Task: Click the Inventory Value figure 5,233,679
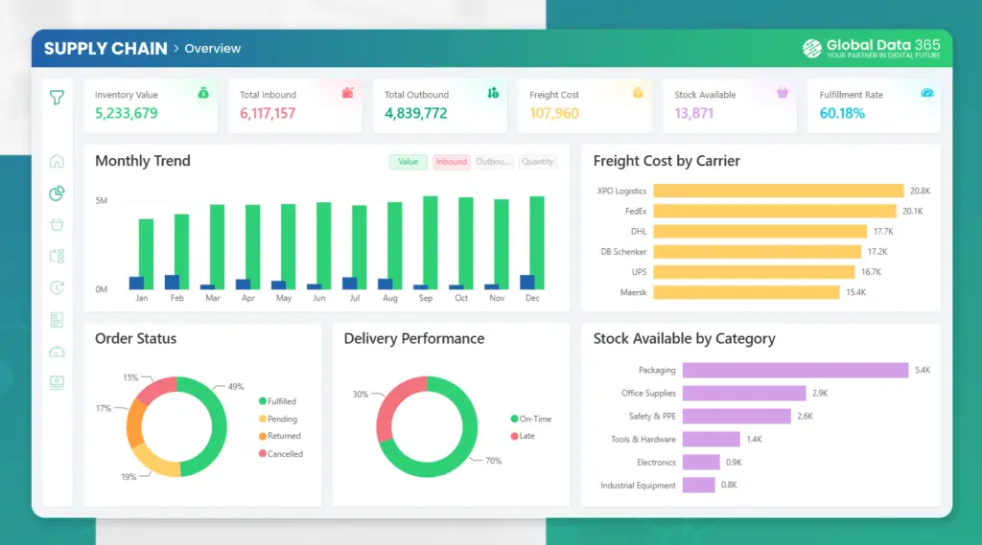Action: pos(126,113)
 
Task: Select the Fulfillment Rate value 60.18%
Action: pos(842,113)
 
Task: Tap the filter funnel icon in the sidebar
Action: pos(57,98)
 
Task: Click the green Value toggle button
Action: pos(408,162)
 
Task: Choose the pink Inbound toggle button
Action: pos(451,162)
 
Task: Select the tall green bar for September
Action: pos(431,242)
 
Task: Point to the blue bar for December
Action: pos(527,282)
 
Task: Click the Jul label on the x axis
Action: pos(355,298)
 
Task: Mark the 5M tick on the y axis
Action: pos(102,201)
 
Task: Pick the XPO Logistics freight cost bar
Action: pos(779,191)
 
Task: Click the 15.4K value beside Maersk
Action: pos(855,292)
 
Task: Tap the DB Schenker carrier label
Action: pos(623,252)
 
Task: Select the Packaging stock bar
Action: pos(795,370)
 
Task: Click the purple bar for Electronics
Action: pos(701,462)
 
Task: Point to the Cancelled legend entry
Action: pos(281,454)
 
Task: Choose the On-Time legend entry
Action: pos(531,419)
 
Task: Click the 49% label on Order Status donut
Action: pos(236,387)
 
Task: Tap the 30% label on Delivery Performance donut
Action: pos(361,395)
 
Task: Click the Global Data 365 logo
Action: pos(871,48)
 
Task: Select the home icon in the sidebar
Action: pos(57,162)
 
